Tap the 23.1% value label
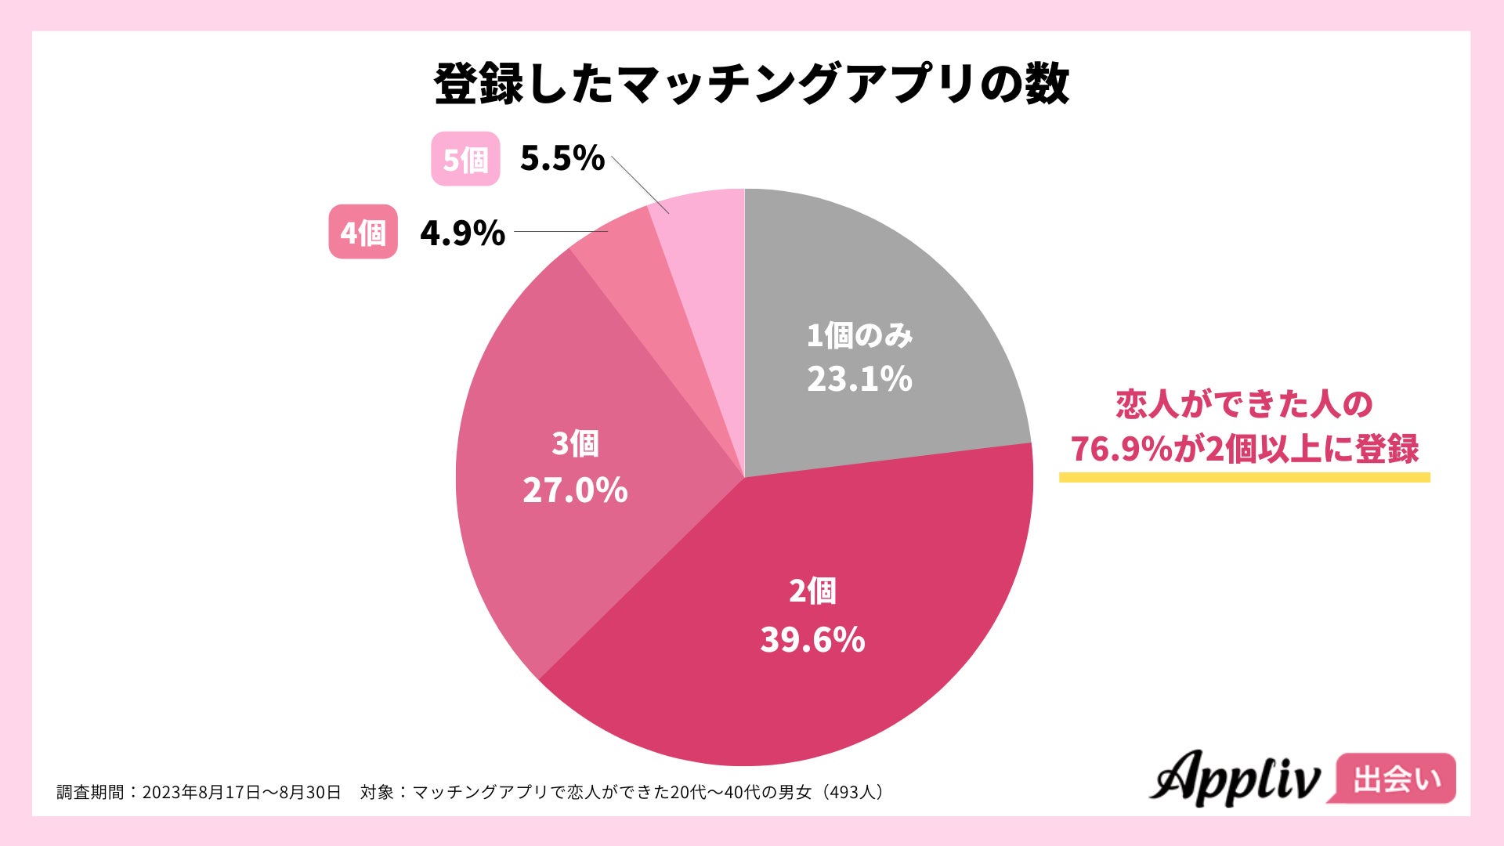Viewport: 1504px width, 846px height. pos(859,380)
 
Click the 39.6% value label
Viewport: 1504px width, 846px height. pos(812,640)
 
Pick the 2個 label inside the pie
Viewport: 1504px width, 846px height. pos(812,591)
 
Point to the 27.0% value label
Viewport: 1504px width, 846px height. pos(575,491)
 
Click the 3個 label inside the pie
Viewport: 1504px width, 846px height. pos(575,444)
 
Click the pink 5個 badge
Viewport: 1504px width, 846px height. pos(465,159)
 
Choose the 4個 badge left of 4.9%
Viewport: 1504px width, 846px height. pos(363,232)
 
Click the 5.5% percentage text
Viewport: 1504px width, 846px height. pos(562,159)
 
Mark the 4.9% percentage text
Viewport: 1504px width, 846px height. pos(462,233)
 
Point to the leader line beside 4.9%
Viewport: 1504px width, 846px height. pos(560,232)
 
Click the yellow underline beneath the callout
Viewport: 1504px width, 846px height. pos(1244,477)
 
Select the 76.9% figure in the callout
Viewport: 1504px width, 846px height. pos(1120,450)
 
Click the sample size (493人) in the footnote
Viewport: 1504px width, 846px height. pos(851,792)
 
